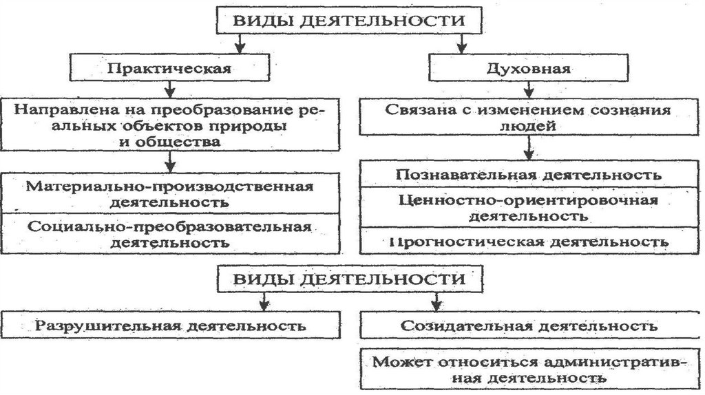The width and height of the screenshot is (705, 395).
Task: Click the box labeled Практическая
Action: [x=169, y=67]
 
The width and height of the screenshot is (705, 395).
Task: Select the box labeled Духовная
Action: [x=528, y=68]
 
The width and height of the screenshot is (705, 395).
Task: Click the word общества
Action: [x=178, y=142]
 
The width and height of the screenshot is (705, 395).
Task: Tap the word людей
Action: [x=528, y=126]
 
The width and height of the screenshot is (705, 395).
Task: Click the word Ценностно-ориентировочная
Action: [x=528, y=200]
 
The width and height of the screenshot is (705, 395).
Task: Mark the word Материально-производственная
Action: [x=169, y=186]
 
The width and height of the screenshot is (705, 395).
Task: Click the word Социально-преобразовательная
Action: [x=169, y=226]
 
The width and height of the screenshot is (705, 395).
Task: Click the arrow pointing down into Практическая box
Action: [x=240, y=44]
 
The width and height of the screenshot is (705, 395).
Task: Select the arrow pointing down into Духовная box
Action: [x=462, y=44]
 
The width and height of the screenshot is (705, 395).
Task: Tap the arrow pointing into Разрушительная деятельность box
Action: [x=264, y=302]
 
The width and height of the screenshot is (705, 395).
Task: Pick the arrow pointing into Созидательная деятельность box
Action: [x=436, y=302]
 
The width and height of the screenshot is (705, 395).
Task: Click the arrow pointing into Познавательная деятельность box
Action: [x=529, y=148]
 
